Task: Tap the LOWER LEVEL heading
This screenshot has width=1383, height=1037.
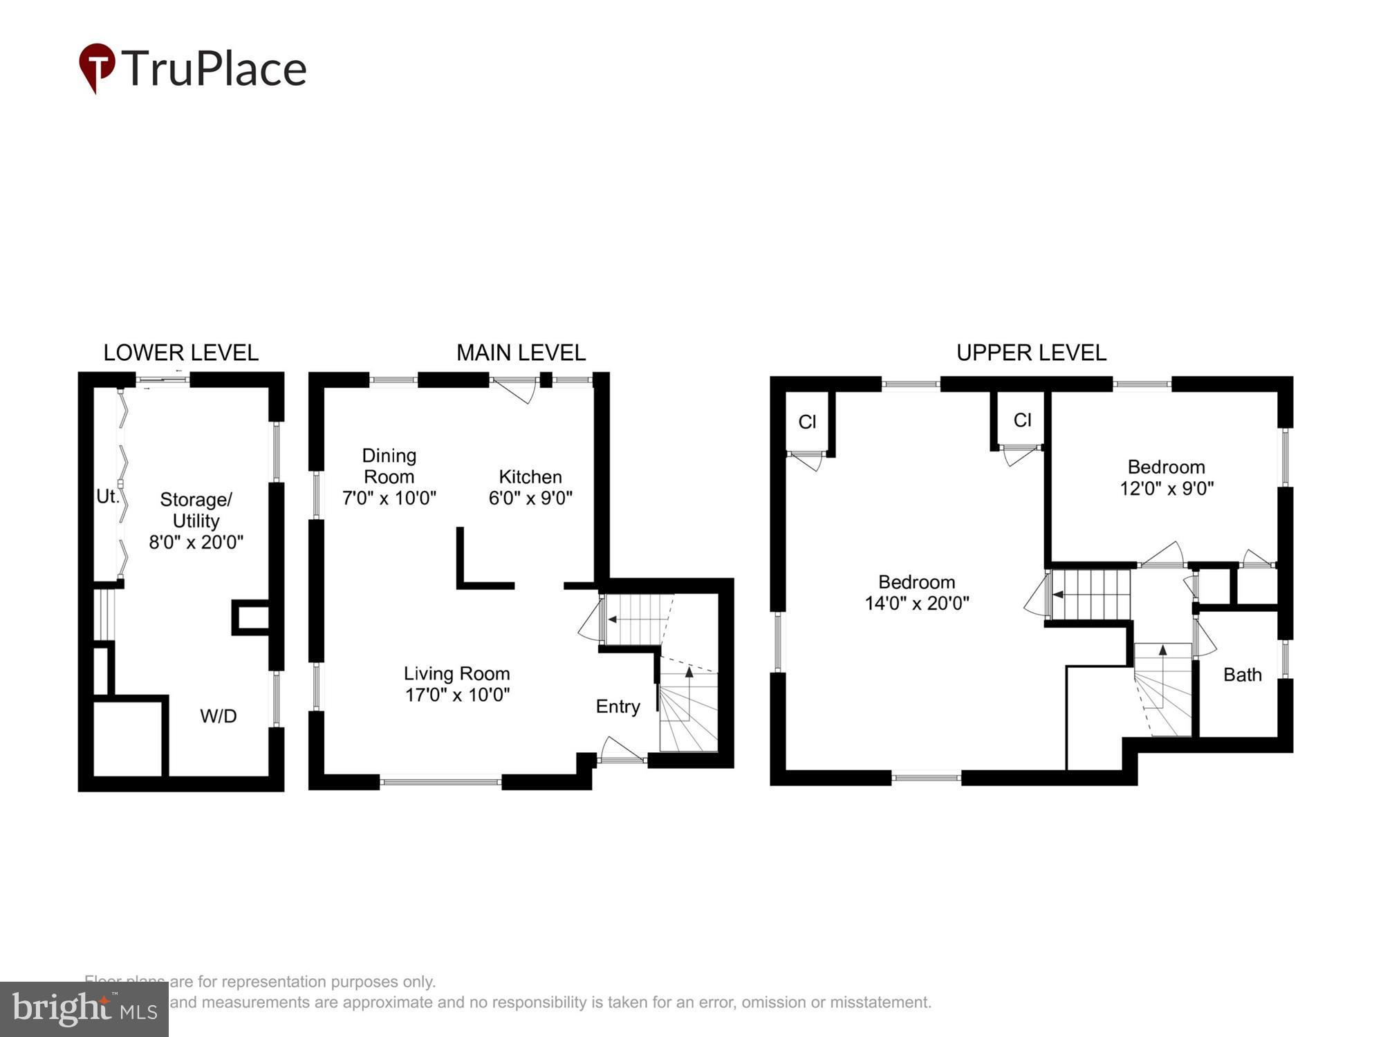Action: (180, 353)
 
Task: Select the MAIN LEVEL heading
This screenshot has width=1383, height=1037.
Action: (521, 353)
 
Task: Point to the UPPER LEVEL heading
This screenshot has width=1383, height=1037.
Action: (1031, 353)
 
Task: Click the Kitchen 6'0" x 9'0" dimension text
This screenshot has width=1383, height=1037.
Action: (530, 498)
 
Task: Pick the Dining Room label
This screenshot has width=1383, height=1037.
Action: (389, 466)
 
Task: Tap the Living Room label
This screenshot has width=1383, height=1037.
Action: (456, 673)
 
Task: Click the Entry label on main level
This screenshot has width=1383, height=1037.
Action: (618, 707)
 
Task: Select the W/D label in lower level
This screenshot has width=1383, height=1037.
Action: (219, 716)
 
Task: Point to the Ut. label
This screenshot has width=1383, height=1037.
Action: (107, 496)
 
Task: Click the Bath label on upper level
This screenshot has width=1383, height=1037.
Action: (1242, 675)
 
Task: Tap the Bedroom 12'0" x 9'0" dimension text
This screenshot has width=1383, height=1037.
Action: (1167, 489)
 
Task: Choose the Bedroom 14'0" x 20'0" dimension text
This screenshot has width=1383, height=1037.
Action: (916, 604)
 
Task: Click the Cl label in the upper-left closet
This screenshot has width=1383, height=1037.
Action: (807, 422)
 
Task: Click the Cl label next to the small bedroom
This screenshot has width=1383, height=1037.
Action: (1022, 420)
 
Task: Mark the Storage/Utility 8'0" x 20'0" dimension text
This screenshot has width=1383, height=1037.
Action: (196, 542)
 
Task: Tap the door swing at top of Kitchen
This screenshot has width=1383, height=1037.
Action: (515, 389)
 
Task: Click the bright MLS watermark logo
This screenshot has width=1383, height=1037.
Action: (84, 1009)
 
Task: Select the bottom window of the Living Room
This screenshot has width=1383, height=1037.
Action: (440, 782)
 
